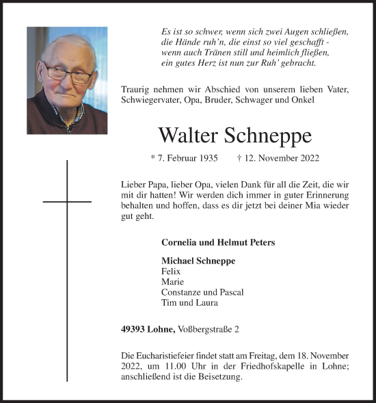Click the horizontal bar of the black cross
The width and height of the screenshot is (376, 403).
click(67, 202)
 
